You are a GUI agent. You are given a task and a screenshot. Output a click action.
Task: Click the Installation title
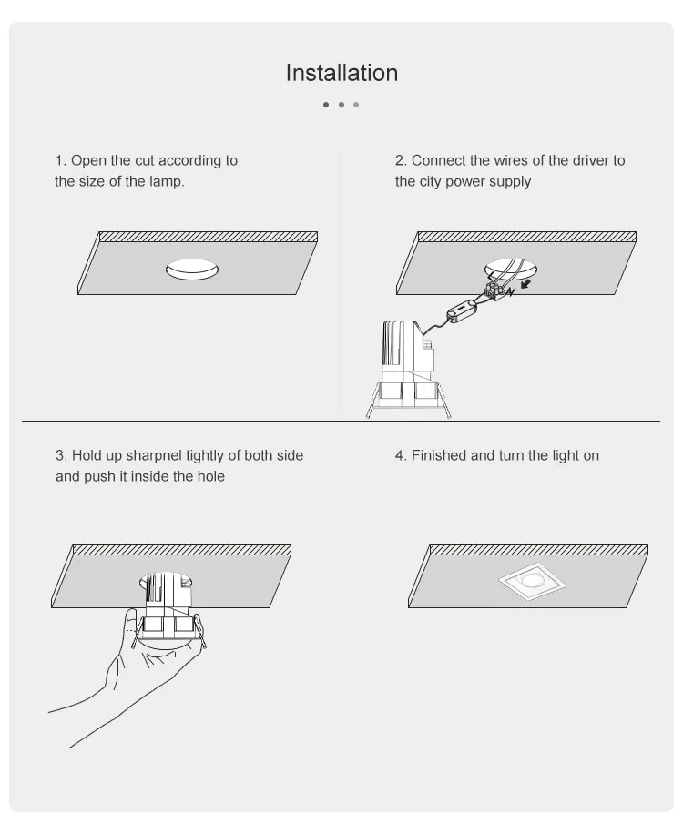tap(341, 73)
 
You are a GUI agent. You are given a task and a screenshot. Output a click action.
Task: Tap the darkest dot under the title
tap(326, 105)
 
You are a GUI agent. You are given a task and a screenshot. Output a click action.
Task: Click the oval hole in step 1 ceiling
tap(193, 269)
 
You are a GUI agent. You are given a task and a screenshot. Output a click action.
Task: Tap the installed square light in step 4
tap(527, 583)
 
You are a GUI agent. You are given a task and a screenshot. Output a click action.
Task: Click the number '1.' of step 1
tap(61, 160)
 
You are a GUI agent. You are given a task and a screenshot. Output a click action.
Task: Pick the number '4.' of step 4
tap(401, 455)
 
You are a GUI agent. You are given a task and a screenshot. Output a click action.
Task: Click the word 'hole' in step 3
tap(210, 476)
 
